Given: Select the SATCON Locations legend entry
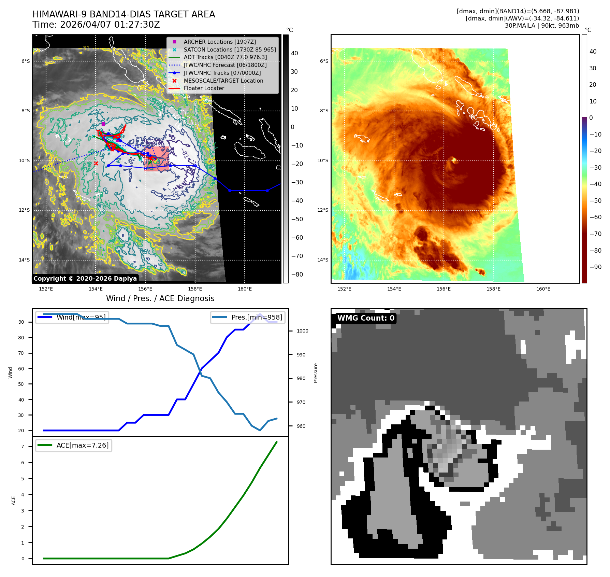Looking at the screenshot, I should (x=229, y=50).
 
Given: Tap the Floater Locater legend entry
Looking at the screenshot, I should (x=204, y=88).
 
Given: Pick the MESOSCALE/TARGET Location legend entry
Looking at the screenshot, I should (x=223, y=81).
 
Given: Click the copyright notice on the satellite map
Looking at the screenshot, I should (x=85, y=279).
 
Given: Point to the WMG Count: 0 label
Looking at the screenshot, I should (x=365, y=318).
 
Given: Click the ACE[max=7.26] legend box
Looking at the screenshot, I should (x=74, y=445).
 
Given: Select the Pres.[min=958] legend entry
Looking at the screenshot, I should (x=248, y=317).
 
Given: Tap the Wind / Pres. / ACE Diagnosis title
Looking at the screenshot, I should (x=160, y=298).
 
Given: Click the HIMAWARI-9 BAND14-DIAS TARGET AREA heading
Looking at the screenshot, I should (x=124, y=14).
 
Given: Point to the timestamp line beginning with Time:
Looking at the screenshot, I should (x=96, y=25).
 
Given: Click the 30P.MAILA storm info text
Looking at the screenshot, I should (x=542, y=26).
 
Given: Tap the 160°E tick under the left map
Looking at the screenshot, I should (x=245, y=289).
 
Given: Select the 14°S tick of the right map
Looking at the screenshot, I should (x=322, y=260).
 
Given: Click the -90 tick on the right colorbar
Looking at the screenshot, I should (x=595, y=267).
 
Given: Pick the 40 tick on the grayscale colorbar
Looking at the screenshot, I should (x=294, y=53).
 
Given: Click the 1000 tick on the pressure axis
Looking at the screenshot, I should (x=302, y=331).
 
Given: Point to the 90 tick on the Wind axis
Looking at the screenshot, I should (x=21, y=322).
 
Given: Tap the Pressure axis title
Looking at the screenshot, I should (x=316, y=373).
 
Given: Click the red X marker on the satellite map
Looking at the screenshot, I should (x=96, y=163).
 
